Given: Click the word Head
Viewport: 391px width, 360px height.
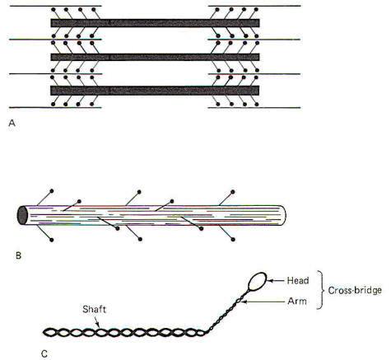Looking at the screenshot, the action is click(298, 281).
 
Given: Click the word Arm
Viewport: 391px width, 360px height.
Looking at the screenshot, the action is click(297, 302).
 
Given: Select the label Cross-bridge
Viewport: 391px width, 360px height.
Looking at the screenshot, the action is click(355, 290).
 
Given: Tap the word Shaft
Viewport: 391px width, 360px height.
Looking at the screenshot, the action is click(94, 310).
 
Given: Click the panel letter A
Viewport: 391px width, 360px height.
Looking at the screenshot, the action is click(12, 123).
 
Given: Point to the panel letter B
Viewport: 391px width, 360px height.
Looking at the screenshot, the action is click(18, 255).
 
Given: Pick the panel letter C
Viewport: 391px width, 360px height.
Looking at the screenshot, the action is click(44, 354).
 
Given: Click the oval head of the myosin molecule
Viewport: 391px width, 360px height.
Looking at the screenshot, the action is click(258, 281).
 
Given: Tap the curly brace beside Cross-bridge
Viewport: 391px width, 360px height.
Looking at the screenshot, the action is click(320, 290).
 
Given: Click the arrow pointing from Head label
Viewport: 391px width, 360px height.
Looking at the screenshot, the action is click(275, 281).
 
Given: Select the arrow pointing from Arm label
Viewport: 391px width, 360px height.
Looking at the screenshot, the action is click(264, 302).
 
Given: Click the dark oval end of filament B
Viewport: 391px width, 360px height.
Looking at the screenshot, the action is click(22, 215).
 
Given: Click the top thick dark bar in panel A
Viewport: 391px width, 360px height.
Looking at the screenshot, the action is click(155, 23).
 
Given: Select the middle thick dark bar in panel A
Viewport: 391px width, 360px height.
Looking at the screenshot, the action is click(155, 57).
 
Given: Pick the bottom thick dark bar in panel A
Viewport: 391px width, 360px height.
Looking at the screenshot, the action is click(155, 91).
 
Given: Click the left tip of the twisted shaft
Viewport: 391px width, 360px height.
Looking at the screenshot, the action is click(43, 332).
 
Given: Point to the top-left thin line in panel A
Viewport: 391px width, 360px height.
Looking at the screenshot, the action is click(56, 6).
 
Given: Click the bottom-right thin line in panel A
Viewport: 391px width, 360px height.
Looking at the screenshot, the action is click(254, 108).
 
